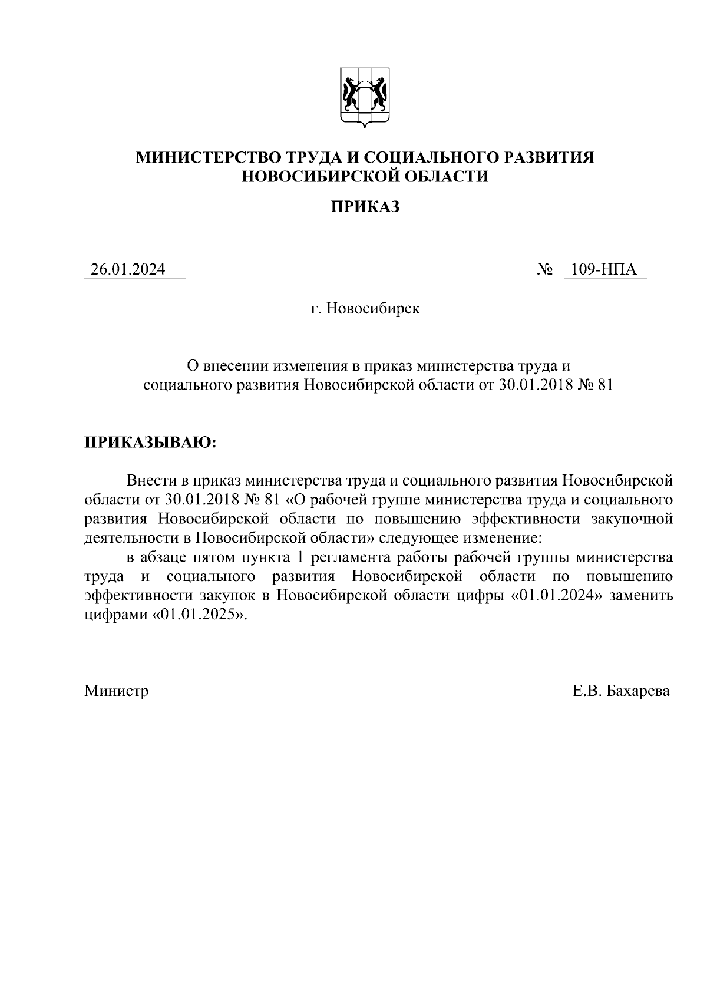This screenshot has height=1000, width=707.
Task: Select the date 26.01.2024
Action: click(128, 269)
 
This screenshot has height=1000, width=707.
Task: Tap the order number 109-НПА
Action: click(608, 269)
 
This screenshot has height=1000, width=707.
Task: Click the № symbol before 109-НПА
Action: click(546, 270)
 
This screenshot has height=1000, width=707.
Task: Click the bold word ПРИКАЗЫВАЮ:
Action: click(151, 443)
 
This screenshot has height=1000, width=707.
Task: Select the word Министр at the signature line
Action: click(116, 690)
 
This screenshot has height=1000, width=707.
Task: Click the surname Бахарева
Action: click(638, 690)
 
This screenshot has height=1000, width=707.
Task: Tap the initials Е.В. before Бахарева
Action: click(586, 690)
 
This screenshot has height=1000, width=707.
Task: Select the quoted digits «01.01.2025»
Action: click(200, 614)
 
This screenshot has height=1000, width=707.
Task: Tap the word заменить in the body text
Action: click(641, 595)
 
